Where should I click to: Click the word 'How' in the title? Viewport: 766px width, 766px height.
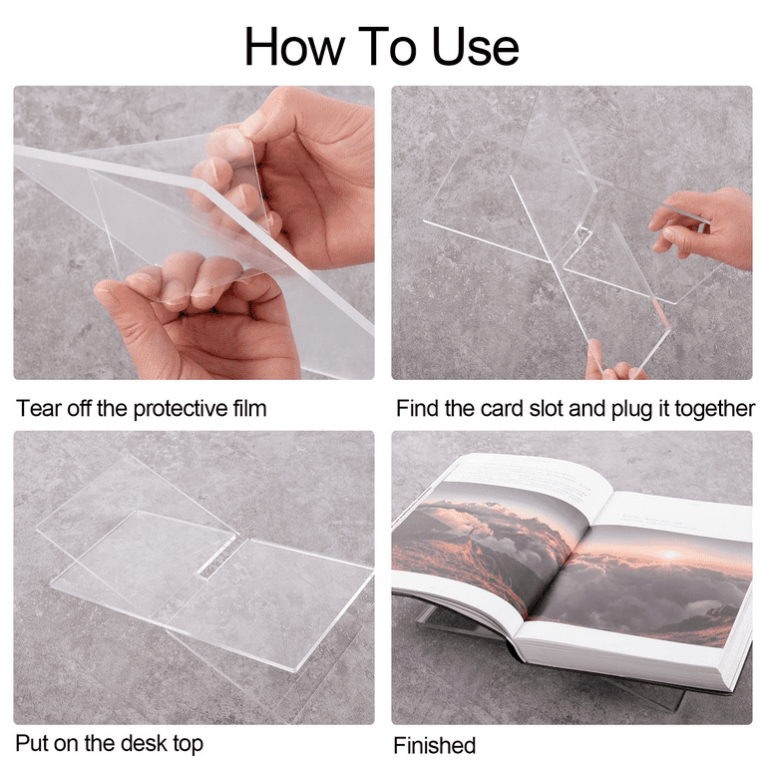tap(294, 47)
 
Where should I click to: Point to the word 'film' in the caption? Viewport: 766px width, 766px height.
tap(249, 408)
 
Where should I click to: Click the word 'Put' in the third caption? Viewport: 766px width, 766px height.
tap(32, 743)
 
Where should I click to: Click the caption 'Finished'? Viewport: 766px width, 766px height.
tap(434, 746)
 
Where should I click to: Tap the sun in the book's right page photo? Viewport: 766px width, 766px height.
tap(669, 554)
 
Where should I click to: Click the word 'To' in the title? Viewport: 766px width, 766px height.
tap(387, 47)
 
